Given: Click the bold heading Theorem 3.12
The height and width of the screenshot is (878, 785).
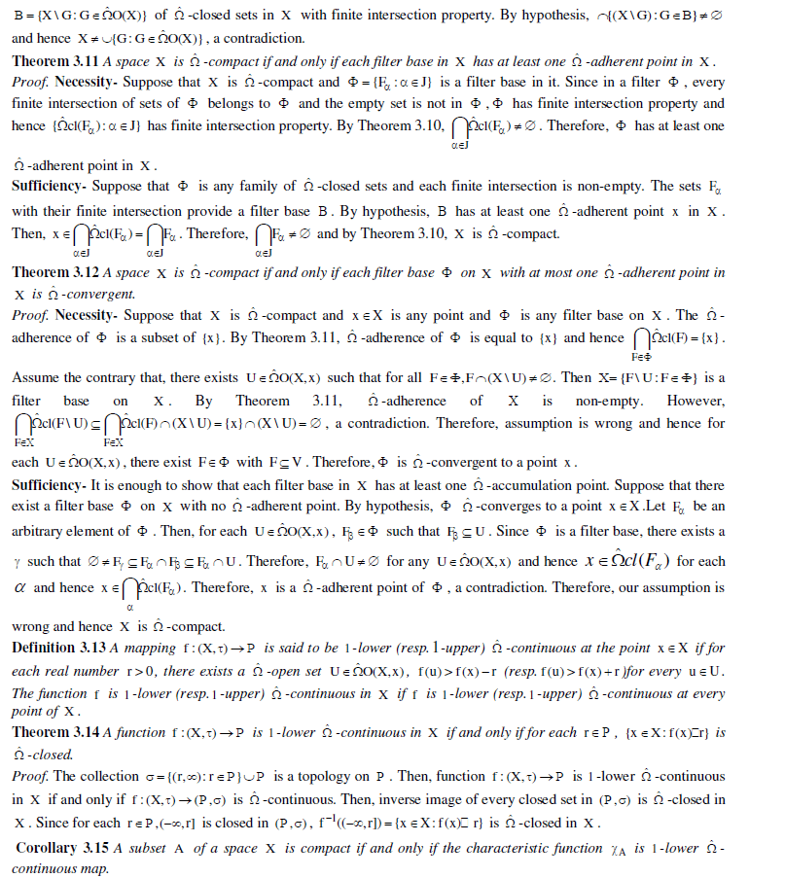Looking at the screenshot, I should tap(54, 273).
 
